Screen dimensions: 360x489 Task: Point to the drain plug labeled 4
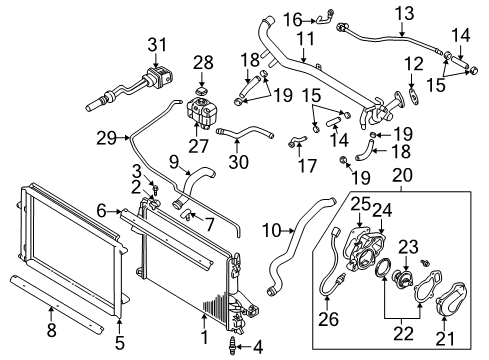236,348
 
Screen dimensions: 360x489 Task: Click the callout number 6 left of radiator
102,209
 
